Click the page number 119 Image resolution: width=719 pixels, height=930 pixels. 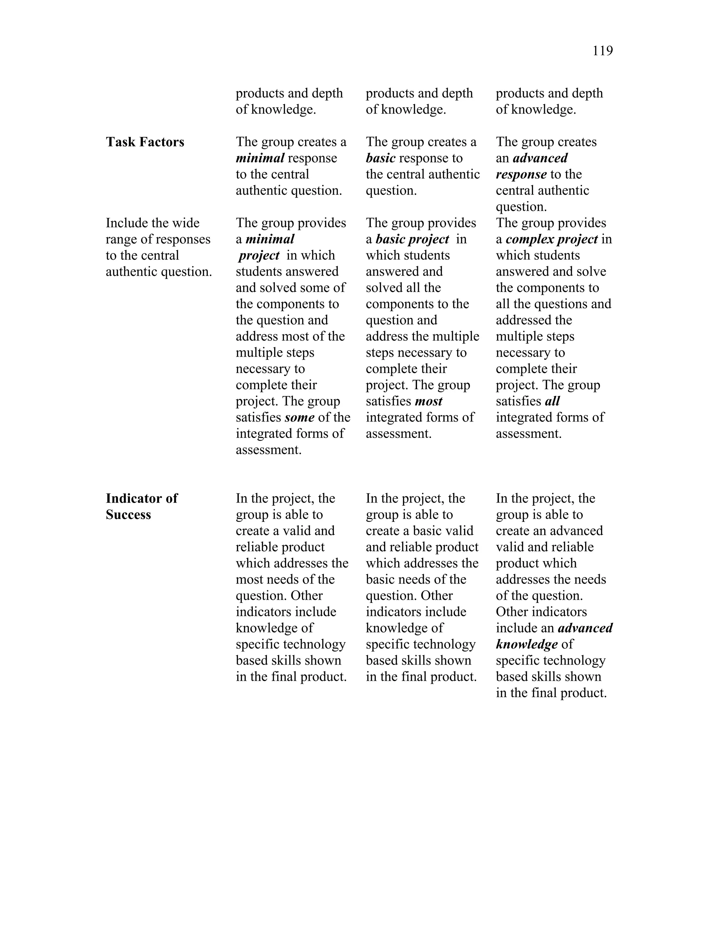(x=602, y=51)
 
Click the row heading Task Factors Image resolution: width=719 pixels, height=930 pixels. (x=145, y=142)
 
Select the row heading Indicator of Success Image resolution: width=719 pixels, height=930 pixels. (x=141, y=506)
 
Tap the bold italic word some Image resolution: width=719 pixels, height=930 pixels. (x=299, y=417)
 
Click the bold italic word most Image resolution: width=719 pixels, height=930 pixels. (x=429, y=401)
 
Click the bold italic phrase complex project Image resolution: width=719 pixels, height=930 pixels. (x=552, y=239)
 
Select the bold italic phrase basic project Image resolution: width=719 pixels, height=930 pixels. (x=412, y=239)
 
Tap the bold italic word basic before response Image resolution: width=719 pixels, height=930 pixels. (x=380, y=158)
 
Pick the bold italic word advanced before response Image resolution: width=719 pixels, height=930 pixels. (x=540, y=158)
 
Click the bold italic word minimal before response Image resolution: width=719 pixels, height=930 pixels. (x=260, y=158)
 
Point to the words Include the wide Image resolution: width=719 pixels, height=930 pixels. (x=152, y=223)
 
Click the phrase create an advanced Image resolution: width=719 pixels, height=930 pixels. (x=549, y=531)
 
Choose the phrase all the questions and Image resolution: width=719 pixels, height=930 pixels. (x=553, y=304)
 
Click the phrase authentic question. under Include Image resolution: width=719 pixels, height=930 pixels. (x=158, y=272)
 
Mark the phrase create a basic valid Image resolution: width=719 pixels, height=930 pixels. (x=419, y=531)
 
